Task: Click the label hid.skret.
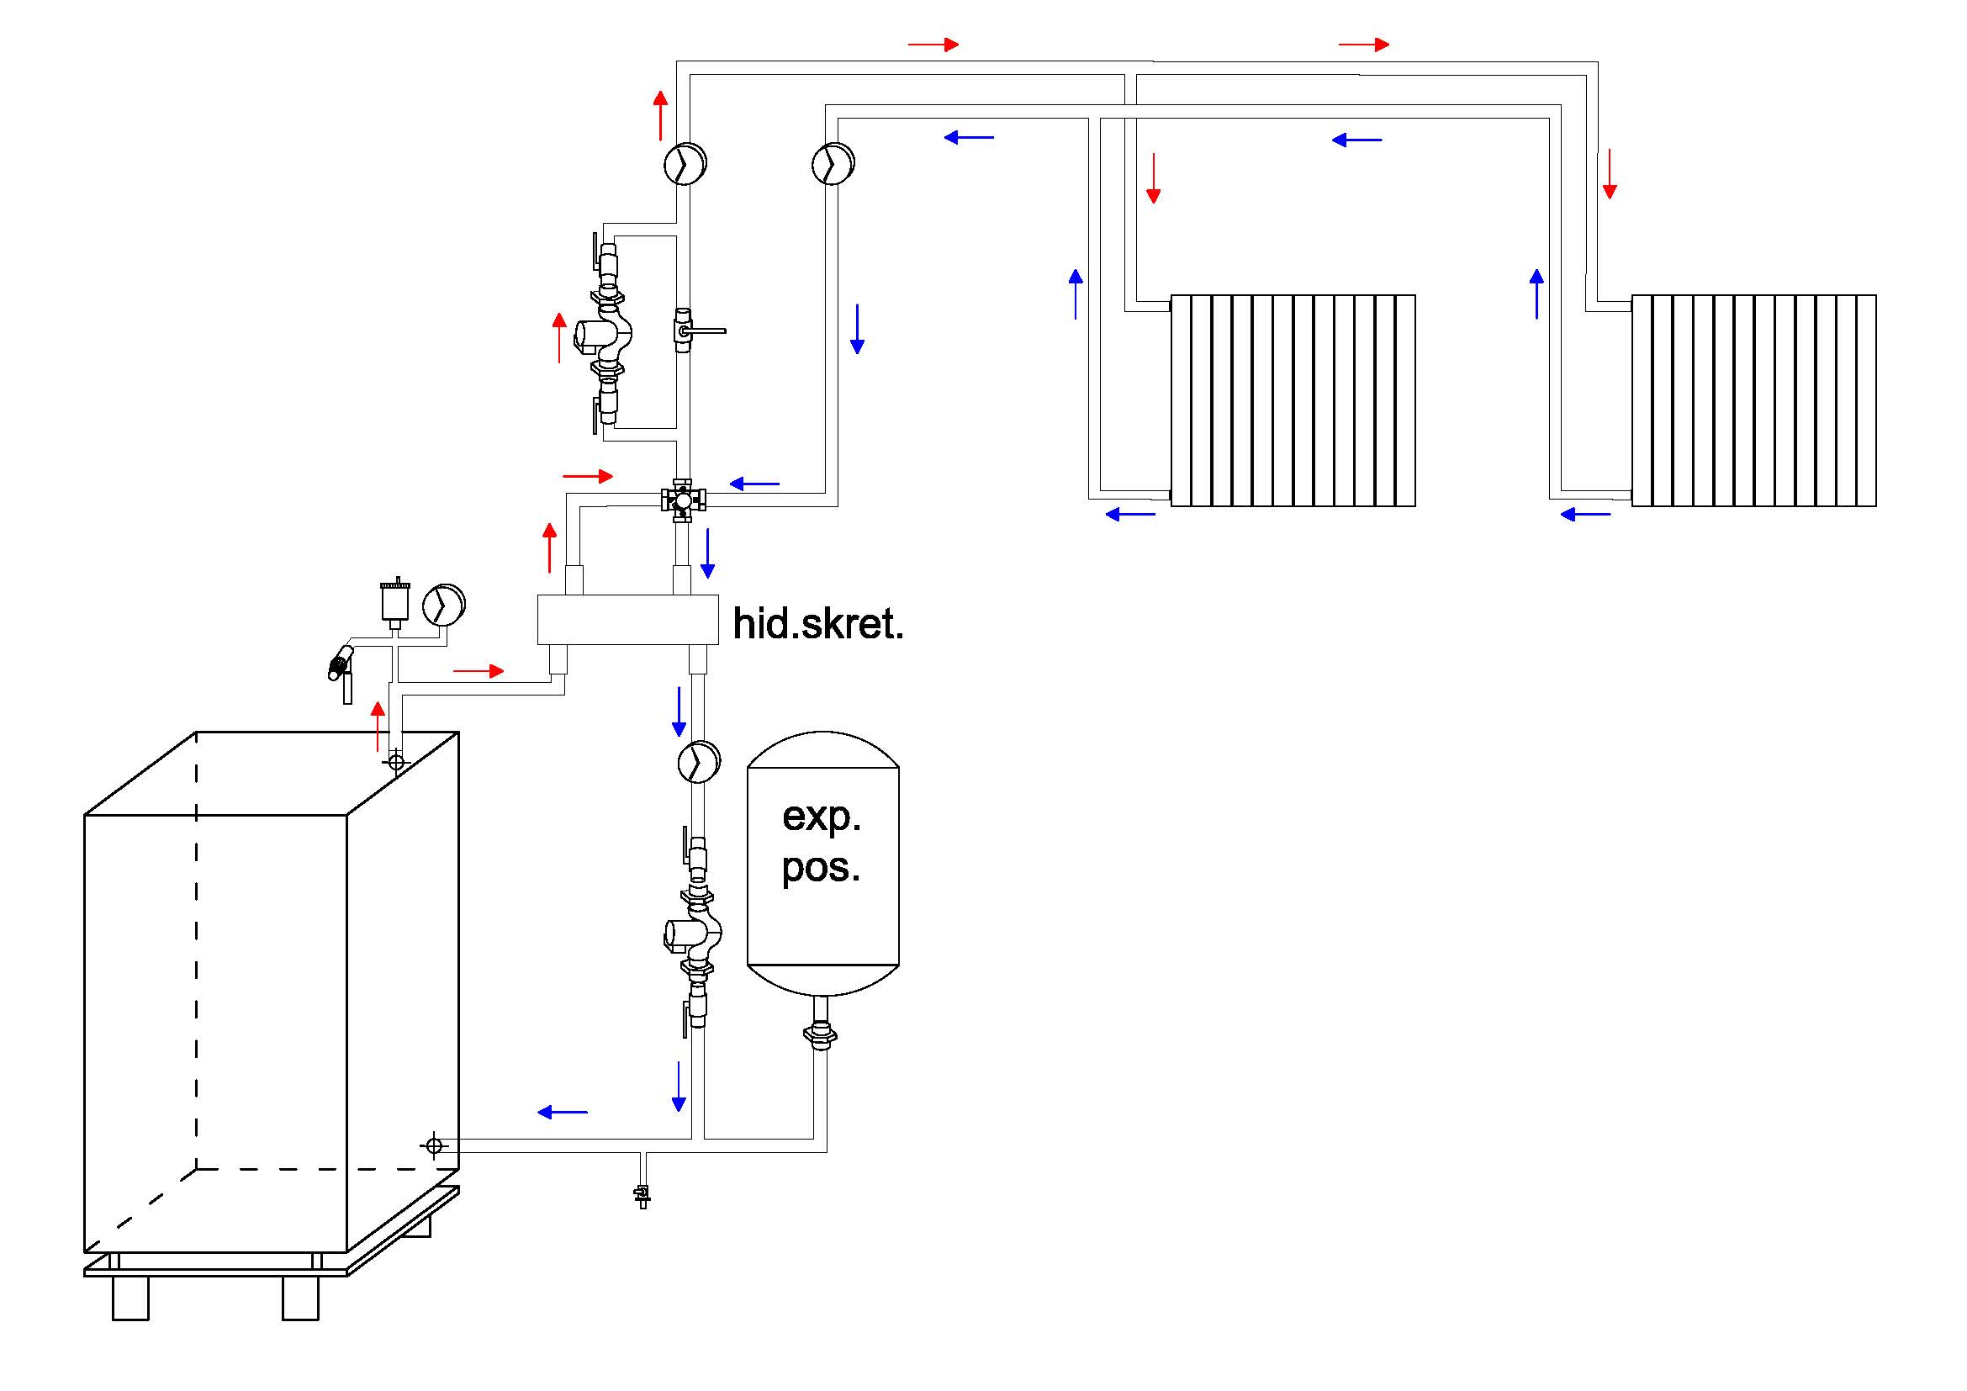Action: click(x=818, y=623)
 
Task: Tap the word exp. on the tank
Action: click(x=822, y=817)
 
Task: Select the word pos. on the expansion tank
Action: click(x=821, y=868)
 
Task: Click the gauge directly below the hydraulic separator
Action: click(x=698, y=761)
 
